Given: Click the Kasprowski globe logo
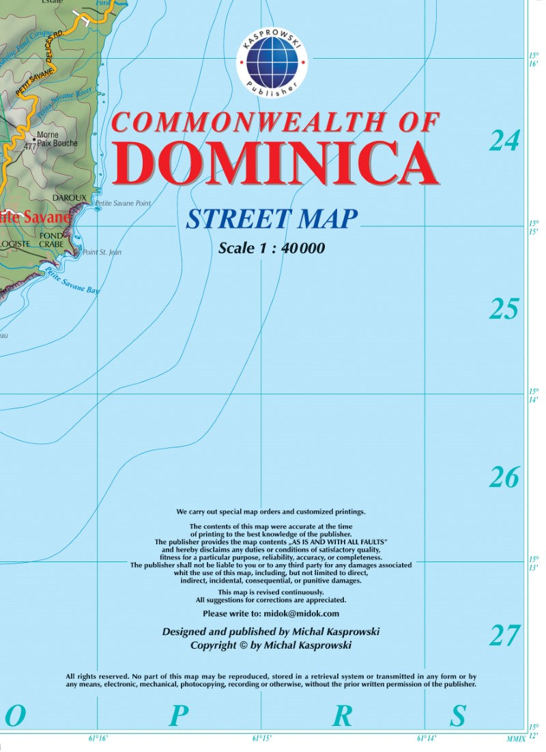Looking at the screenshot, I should click(272, 63).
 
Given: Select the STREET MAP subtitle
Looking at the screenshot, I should click(272, 219).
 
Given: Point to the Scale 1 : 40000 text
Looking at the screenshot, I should click(272, 249).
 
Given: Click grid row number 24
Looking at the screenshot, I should click(504, 141).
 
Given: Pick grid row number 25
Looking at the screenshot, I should click(504, 309).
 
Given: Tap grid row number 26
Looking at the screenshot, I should click(504, 477).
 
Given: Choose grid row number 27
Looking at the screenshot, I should click(504, 636).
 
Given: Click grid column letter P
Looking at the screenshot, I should click(178, 716).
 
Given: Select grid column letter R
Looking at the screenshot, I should click(342, 716).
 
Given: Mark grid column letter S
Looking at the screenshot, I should click(457, 716).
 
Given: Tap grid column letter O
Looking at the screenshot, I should click(15, 716).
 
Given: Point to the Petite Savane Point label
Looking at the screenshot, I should click(123, 204).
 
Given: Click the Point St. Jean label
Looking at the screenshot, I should click(102, 252).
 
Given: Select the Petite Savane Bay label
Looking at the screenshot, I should click(72, 281).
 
